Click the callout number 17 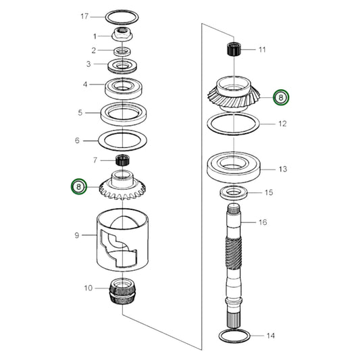click(x=84, y=16)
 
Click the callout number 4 click(x=84, y=84)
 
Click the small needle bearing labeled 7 click(x=122, y=161)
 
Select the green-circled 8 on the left click(x=80, y=186)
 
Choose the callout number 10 click(x=87, y=288)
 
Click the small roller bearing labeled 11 click(x=234, y=49)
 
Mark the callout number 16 click(x=263, y=222)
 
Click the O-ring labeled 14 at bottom click(x=234, y=335)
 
